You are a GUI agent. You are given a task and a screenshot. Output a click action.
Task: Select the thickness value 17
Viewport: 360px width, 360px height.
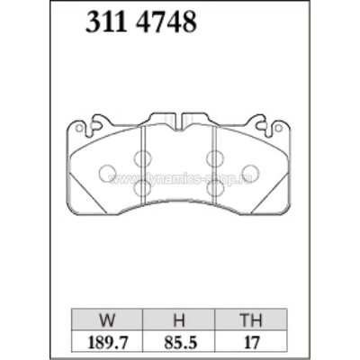point(252,342)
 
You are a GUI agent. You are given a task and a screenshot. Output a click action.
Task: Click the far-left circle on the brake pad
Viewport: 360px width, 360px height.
point(105,172)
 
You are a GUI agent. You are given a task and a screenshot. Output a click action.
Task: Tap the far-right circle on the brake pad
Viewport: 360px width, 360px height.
point(254,172)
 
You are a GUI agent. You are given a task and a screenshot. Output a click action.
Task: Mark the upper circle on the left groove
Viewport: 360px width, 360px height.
point(142,158)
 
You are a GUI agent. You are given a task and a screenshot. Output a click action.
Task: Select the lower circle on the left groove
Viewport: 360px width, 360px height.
point(142,188)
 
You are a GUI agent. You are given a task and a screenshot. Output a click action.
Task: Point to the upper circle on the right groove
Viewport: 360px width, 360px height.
point(216,158)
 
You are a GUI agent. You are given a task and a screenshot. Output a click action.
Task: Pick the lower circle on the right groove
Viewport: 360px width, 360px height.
point(216,188)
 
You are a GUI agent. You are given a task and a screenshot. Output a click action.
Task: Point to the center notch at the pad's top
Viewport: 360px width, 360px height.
point(179,119)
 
